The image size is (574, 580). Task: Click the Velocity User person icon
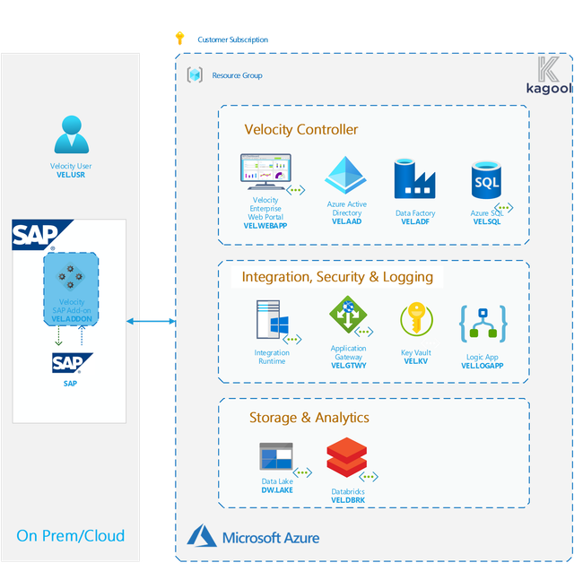click(x=72, y=134)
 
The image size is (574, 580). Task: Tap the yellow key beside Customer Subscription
click(x=180, y=38)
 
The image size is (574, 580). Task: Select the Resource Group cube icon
click(x=195, y=75)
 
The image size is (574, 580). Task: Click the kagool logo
click(x=549, y=75)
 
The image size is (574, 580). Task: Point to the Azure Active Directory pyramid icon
click(x=345, y=175)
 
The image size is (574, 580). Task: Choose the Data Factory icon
click(x=414, y=178)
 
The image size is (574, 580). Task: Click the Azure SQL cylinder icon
click(x=486, y=180)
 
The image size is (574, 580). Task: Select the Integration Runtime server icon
click(x=273, y=319)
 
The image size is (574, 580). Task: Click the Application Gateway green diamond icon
click(x=348, y=315)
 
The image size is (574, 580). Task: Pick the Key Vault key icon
click(x=417, y=319)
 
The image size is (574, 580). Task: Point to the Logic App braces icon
click(x=483, y=324)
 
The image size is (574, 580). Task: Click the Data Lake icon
click(x=276, y=456)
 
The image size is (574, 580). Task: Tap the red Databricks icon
click(x=347, y=457)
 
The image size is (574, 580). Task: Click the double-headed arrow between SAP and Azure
click(x=151, y=321)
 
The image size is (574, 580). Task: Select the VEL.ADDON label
click(x=72, y=319)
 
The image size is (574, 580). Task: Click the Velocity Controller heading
click(x=301, y=129)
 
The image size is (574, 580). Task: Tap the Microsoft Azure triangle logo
click(x=202, y=535)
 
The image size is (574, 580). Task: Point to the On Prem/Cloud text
click(x=70, y=535)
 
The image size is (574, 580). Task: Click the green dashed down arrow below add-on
click(x=58, y=336)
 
